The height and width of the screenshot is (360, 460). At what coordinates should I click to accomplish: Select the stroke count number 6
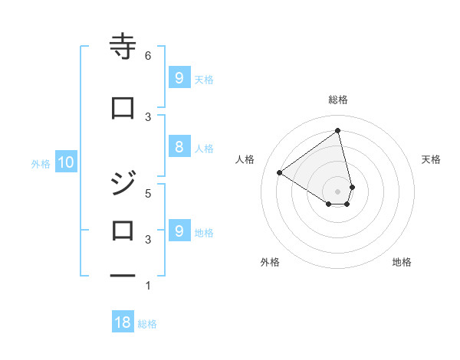147,55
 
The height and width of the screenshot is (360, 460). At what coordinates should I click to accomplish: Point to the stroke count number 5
147,193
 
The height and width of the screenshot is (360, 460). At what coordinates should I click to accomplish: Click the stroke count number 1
147,286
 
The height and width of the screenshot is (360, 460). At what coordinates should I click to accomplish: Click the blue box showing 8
178,148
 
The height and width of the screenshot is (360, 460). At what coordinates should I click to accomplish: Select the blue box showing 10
65,162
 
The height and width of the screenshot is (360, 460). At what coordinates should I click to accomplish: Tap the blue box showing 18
123,322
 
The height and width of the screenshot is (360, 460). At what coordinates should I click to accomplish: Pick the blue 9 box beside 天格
178,77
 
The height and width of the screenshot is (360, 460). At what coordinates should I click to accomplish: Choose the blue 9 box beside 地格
178,231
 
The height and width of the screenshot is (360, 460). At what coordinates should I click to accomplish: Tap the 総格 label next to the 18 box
147,324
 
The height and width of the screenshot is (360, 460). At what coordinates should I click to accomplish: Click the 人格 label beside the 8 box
204,149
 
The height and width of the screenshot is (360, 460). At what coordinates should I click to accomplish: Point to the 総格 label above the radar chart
338,100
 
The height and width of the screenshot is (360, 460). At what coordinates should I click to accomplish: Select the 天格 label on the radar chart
432,159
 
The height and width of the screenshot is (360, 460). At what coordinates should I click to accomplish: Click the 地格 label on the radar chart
402,262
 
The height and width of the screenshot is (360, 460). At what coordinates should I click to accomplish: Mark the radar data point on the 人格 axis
280,172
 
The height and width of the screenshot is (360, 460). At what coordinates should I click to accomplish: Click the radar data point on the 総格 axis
338,130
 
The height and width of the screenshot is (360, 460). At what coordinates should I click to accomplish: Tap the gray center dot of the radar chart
338,191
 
